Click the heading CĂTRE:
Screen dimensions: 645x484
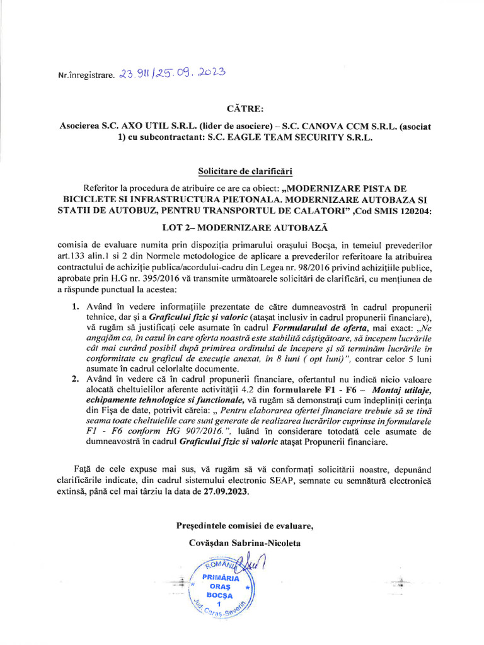242,109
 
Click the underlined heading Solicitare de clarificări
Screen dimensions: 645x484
242,171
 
